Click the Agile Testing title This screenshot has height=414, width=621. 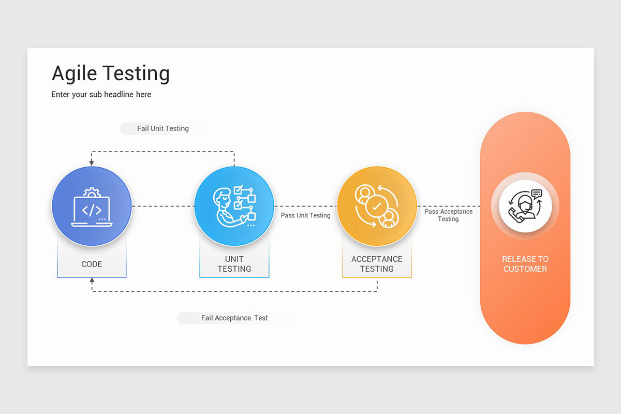111,73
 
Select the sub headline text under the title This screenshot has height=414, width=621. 101,95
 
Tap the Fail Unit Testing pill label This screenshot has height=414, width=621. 163,128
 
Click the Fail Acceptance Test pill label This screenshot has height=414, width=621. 234,318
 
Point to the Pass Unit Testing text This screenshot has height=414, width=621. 305,215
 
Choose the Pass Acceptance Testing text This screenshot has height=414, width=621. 448,215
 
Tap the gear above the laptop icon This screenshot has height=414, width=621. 92,192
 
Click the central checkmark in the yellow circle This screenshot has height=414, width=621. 377,206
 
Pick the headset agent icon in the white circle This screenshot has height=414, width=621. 525,206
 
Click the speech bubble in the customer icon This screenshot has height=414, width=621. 537,194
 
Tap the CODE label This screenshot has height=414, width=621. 92,264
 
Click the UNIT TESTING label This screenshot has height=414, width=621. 234,264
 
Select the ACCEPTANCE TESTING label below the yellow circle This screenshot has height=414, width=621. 377,264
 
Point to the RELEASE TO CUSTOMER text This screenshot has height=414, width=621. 525,264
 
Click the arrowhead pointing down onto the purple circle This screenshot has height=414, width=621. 92,162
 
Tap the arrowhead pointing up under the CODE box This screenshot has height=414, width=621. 92,280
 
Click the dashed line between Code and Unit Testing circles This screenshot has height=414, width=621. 163,206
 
